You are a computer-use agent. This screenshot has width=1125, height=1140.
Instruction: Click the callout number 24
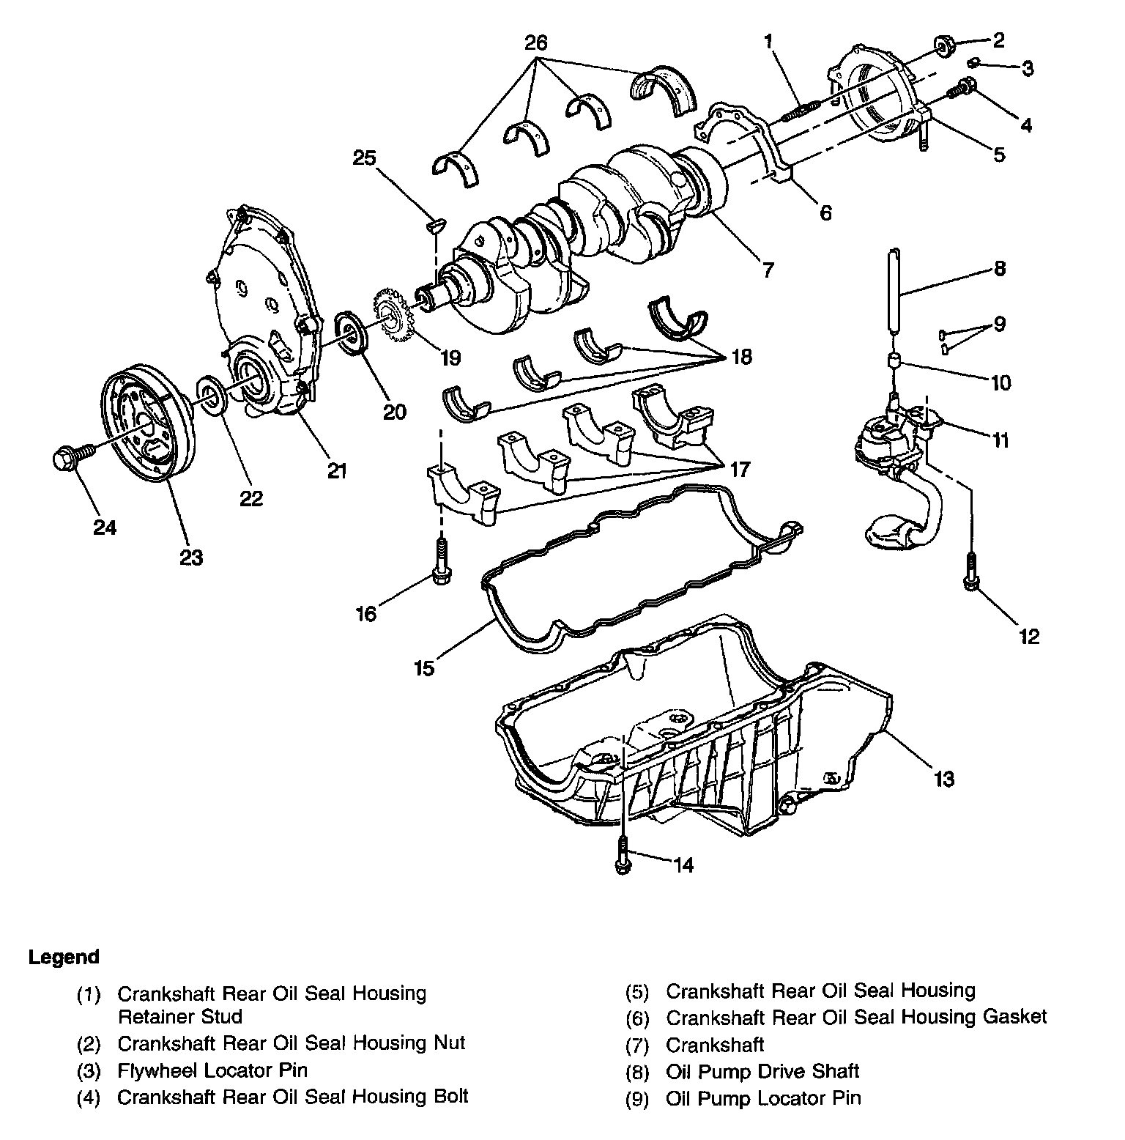105,527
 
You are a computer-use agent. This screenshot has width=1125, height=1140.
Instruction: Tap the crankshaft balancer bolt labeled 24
73,457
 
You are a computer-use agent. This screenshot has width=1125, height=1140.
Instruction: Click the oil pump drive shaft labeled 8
893,292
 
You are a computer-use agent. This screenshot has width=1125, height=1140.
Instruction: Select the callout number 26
535,42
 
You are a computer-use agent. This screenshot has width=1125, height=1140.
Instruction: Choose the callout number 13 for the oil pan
944,779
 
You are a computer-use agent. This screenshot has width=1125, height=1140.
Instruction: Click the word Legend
64,957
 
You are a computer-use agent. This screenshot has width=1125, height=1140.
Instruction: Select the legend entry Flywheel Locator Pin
212,1070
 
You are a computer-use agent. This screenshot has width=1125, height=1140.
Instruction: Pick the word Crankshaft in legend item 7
714,1044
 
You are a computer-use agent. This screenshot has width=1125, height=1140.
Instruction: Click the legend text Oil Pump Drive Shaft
762,1071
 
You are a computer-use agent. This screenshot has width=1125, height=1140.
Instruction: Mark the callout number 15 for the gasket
424,668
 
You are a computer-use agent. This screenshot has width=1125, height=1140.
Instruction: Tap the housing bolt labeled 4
961,88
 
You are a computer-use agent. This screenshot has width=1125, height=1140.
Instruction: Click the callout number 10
999,382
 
